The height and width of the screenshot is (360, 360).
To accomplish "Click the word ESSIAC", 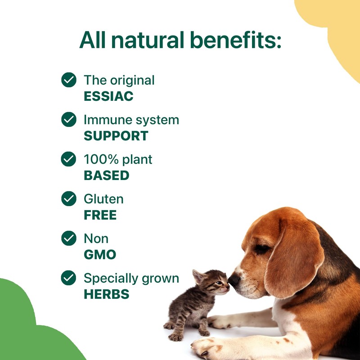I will pyautogui.click(x=108, y=96).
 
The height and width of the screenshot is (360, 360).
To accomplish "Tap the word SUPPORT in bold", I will pyautogui.click(x=116, y=136).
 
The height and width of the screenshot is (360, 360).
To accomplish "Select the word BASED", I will pyautogui.click(x=106, y=175).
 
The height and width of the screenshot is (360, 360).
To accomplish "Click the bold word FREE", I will pyautogui.click(x=100, y=215).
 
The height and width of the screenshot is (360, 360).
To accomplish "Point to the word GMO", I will pyautogui.click(x=99, y=255).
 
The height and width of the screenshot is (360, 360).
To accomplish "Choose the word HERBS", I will pyautogui.click(x=106, y=294).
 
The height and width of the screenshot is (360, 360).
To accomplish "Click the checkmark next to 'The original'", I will pyautogui.click(x=68, y=80).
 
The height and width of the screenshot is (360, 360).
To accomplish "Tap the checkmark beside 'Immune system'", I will pyautogui.click(x=68, y=120).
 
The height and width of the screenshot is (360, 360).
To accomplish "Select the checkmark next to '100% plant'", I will pyautogui.click(x=68, y=159).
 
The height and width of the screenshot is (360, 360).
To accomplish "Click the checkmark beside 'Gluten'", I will pyautogui.click(x=68, y=199).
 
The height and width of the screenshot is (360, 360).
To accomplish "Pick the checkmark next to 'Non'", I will pyautogui.click(x=68, y=238).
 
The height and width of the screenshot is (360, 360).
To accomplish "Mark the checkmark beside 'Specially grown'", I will pyautogui.click(x=68, y=278).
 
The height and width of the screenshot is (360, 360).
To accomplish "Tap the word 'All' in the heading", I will pyautogui.click(x=94, y=40).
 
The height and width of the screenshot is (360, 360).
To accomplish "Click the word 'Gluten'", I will pyautogui.click(x=103, y=199).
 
